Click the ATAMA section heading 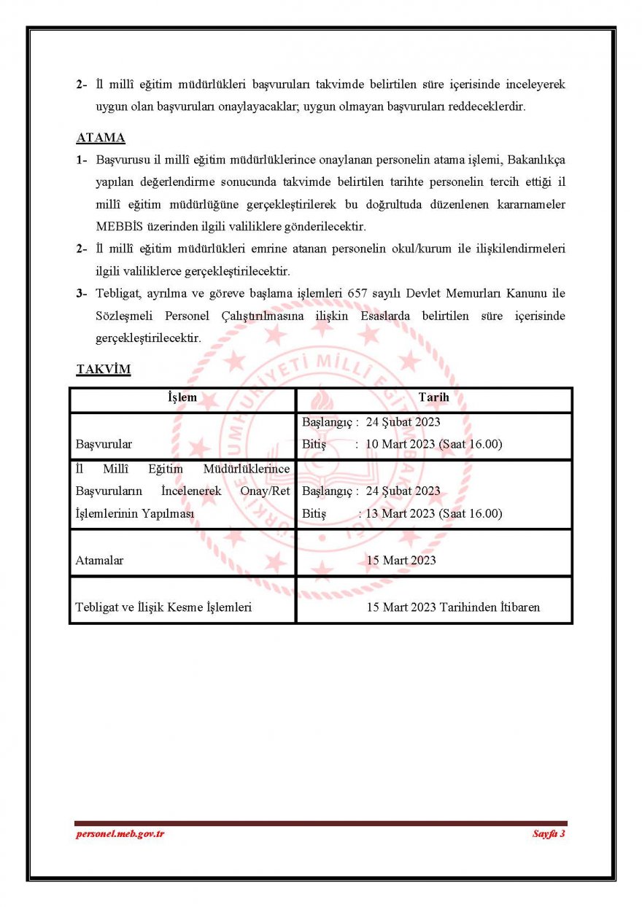click(101, 138)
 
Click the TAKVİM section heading click(104, 369)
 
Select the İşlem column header click(182, 398)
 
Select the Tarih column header click(433, 398)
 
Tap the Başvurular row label click(104, 443)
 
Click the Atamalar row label click(99, 560)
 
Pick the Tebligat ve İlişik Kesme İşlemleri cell click(163, 607)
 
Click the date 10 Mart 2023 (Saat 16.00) click(433, 443)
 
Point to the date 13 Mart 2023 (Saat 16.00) click(433, 513)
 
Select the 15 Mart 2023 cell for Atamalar click(401, 560)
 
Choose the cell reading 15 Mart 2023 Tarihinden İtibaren click(453, 607)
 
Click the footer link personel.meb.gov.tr click(120, 833)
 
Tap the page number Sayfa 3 click(549, 833)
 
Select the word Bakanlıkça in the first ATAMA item click(535, 160)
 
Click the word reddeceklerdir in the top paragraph click(487, 106)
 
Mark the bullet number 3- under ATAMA click(82, 294)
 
